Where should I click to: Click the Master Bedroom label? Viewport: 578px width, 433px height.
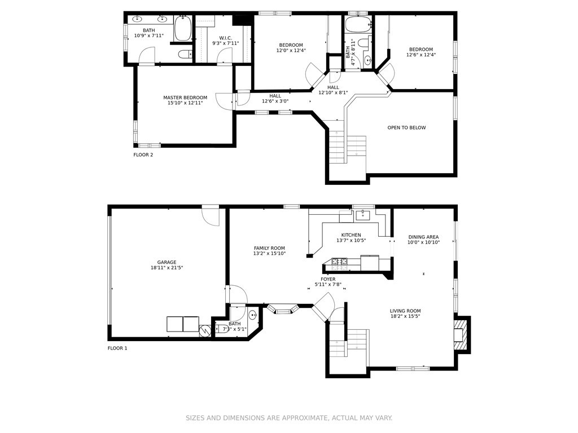click(185, 98)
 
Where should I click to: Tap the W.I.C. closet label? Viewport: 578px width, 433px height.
click(225, 38)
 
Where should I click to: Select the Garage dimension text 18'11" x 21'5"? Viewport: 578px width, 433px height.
click(167, 268)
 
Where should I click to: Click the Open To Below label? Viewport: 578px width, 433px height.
click(406, 128)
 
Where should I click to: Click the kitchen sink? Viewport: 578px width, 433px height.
click(363, 215)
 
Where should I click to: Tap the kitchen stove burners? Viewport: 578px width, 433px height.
click(339, 262)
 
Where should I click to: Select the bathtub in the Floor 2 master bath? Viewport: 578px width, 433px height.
click(182, 28)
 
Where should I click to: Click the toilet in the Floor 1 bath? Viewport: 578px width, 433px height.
click(221, 329)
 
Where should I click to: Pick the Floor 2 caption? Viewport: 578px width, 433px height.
click(143, 154)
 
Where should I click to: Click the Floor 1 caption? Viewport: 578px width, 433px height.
click(117, 348)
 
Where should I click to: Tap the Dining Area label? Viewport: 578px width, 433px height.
click(423, 237)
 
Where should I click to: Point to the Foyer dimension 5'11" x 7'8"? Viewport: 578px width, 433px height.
click(328, 284)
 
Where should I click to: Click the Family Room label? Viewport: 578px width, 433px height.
click(269, 248)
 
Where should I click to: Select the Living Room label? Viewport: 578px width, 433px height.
click(405, 311)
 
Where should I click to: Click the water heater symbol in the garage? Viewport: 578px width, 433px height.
click(204, 330)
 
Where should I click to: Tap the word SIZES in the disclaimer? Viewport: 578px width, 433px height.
click(195, 418)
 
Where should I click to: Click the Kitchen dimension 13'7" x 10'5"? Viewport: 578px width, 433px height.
click(351, 240)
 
